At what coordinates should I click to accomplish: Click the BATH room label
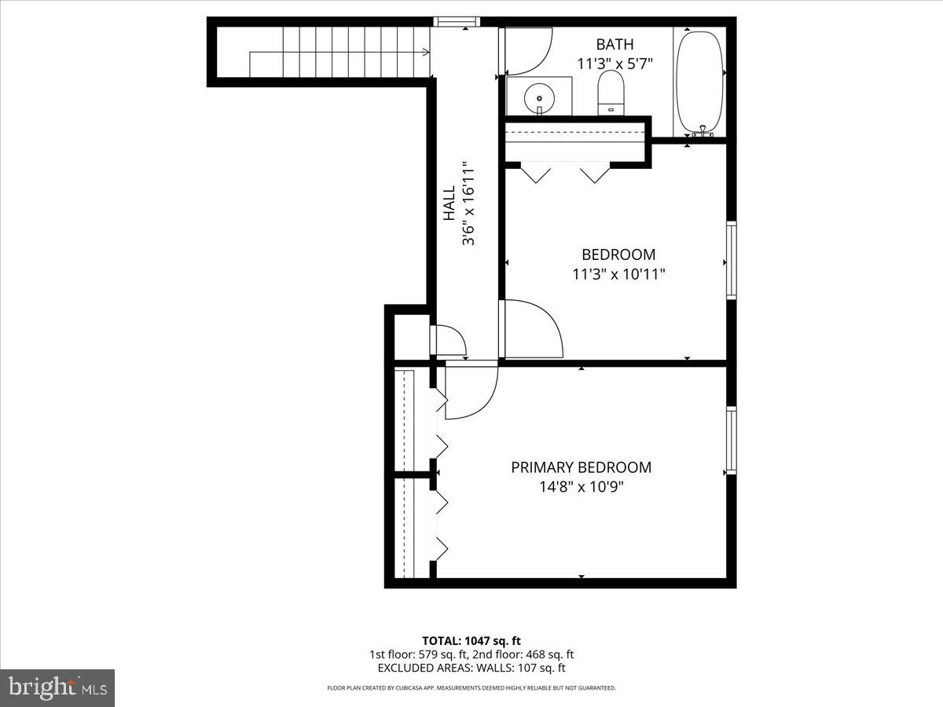coord(614,45)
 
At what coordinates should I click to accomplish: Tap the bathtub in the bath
coord(700,82)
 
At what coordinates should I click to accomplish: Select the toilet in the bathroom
coord(611,93)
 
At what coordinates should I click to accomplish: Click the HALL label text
coord(449,203)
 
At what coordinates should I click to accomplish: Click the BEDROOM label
coord(618,255)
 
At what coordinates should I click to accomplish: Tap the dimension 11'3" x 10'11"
coord(618,274)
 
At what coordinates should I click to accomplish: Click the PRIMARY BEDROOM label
coord(581,467)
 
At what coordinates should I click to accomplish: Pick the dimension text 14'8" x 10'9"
coord(581,487)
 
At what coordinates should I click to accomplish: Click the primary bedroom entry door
coord(469,389)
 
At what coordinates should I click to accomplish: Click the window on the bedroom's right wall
coord(731,260)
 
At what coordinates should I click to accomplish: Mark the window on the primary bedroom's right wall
coord(731,440)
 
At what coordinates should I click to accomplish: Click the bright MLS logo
coord(57,687)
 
